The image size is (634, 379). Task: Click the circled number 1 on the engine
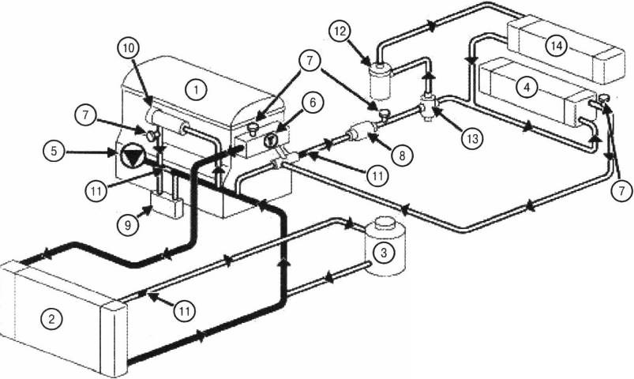(x=196, y=90)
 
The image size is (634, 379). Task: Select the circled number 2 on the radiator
(x=51, y=319)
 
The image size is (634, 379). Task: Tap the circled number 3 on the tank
(x=384, y=253)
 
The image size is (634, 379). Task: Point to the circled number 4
(x=526, y=88)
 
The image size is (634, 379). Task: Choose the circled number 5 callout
(x=54, y=152)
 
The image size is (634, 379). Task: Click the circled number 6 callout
(x=313, y=103)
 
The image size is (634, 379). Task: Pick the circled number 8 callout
(x=402, y=156)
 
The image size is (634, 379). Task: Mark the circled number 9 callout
(x=128, y=225)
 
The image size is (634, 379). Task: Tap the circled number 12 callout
(x=340, y=31)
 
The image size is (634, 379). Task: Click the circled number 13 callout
(x=472, y=139)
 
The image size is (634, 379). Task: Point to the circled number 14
(x=557, y=46)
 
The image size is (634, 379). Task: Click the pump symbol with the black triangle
(x=131, y=156)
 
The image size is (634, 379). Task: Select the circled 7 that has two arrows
(x=309, y=61)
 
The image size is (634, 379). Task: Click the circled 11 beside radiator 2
(x=184, y=311)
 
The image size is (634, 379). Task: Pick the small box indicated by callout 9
(x=166, y=206)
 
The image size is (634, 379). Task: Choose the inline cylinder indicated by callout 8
(x=360, y=130)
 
